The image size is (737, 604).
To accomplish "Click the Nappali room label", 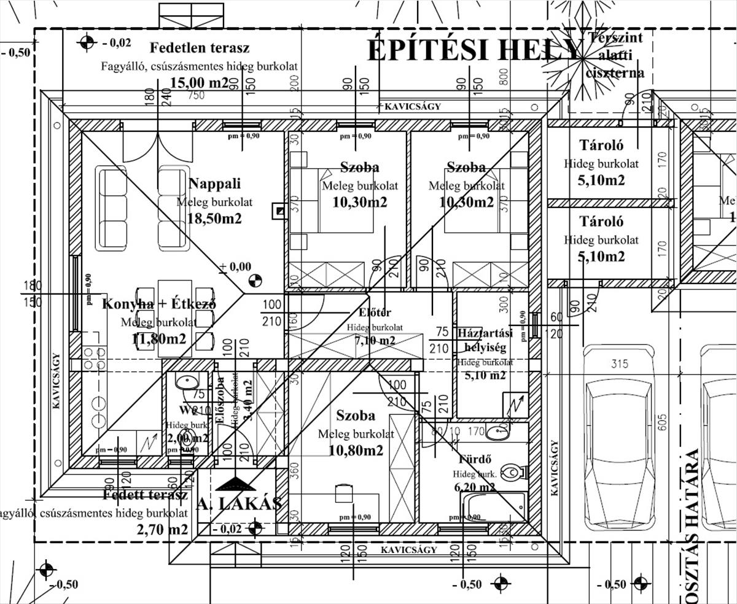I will tap(214, 184).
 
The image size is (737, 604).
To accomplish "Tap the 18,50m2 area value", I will tap(214, 219).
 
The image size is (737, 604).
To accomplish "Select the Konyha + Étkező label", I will tap(158, 304).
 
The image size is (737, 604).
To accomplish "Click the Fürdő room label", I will tap(477, 459).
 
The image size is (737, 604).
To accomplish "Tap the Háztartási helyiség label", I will tap(485, 339).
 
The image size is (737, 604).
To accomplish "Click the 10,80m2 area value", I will tap(356, 451).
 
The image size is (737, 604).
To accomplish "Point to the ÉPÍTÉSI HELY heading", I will tap(473, 50).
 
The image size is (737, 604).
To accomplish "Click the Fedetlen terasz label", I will tap(200, 48).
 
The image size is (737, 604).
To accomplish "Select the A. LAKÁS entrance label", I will tap(240, 504).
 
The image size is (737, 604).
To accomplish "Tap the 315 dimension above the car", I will tap(620, 363).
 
